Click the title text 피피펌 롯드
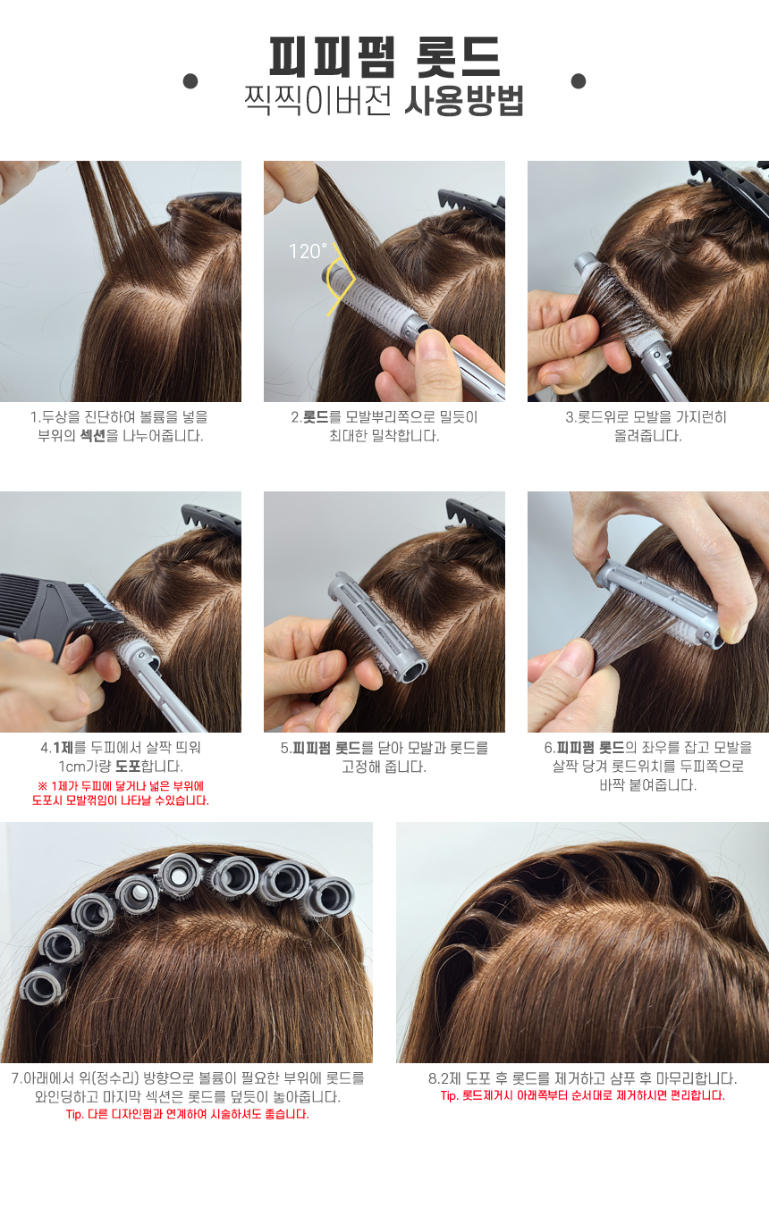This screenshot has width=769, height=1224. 384,56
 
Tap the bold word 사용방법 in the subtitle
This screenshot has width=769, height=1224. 464,101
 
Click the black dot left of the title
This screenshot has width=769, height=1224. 190,81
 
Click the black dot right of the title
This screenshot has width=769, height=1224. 579,81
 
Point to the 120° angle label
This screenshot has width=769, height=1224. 308,251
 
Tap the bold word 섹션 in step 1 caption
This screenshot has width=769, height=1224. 92,436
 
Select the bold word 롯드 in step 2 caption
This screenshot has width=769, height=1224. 316,417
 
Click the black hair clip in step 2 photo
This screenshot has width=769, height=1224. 471,205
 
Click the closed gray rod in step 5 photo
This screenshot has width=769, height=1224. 377,626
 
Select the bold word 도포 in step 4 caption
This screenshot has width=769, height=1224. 129,766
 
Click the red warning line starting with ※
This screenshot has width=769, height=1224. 121,786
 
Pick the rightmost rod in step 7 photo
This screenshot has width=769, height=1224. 330,897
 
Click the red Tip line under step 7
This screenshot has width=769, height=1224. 188,1114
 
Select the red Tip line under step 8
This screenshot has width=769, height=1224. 582,1095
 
